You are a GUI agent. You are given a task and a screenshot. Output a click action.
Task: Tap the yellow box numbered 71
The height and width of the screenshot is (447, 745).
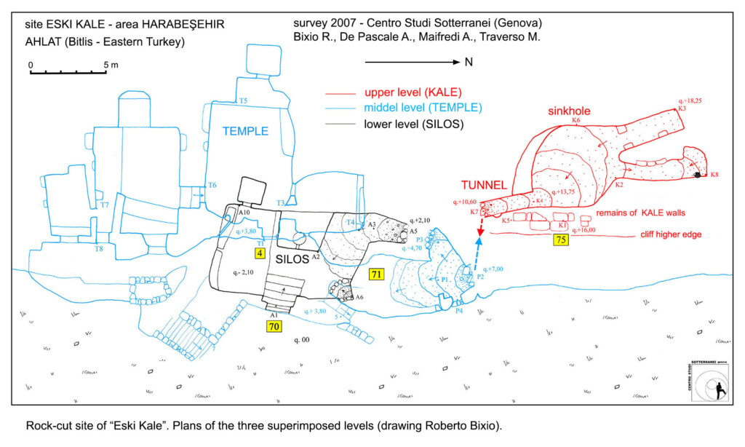click(x=375, y=274)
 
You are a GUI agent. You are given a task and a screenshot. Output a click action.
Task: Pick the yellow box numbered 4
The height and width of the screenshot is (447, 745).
click(x=259, y=253)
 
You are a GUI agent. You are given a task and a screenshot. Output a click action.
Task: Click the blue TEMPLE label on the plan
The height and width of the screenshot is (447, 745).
click(x=245, y=132)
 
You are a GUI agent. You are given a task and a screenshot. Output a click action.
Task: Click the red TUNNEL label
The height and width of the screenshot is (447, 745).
click(x=482, y=183)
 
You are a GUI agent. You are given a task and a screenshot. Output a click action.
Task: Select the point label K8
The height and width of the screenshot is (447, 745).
click(x=714, y=175)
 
